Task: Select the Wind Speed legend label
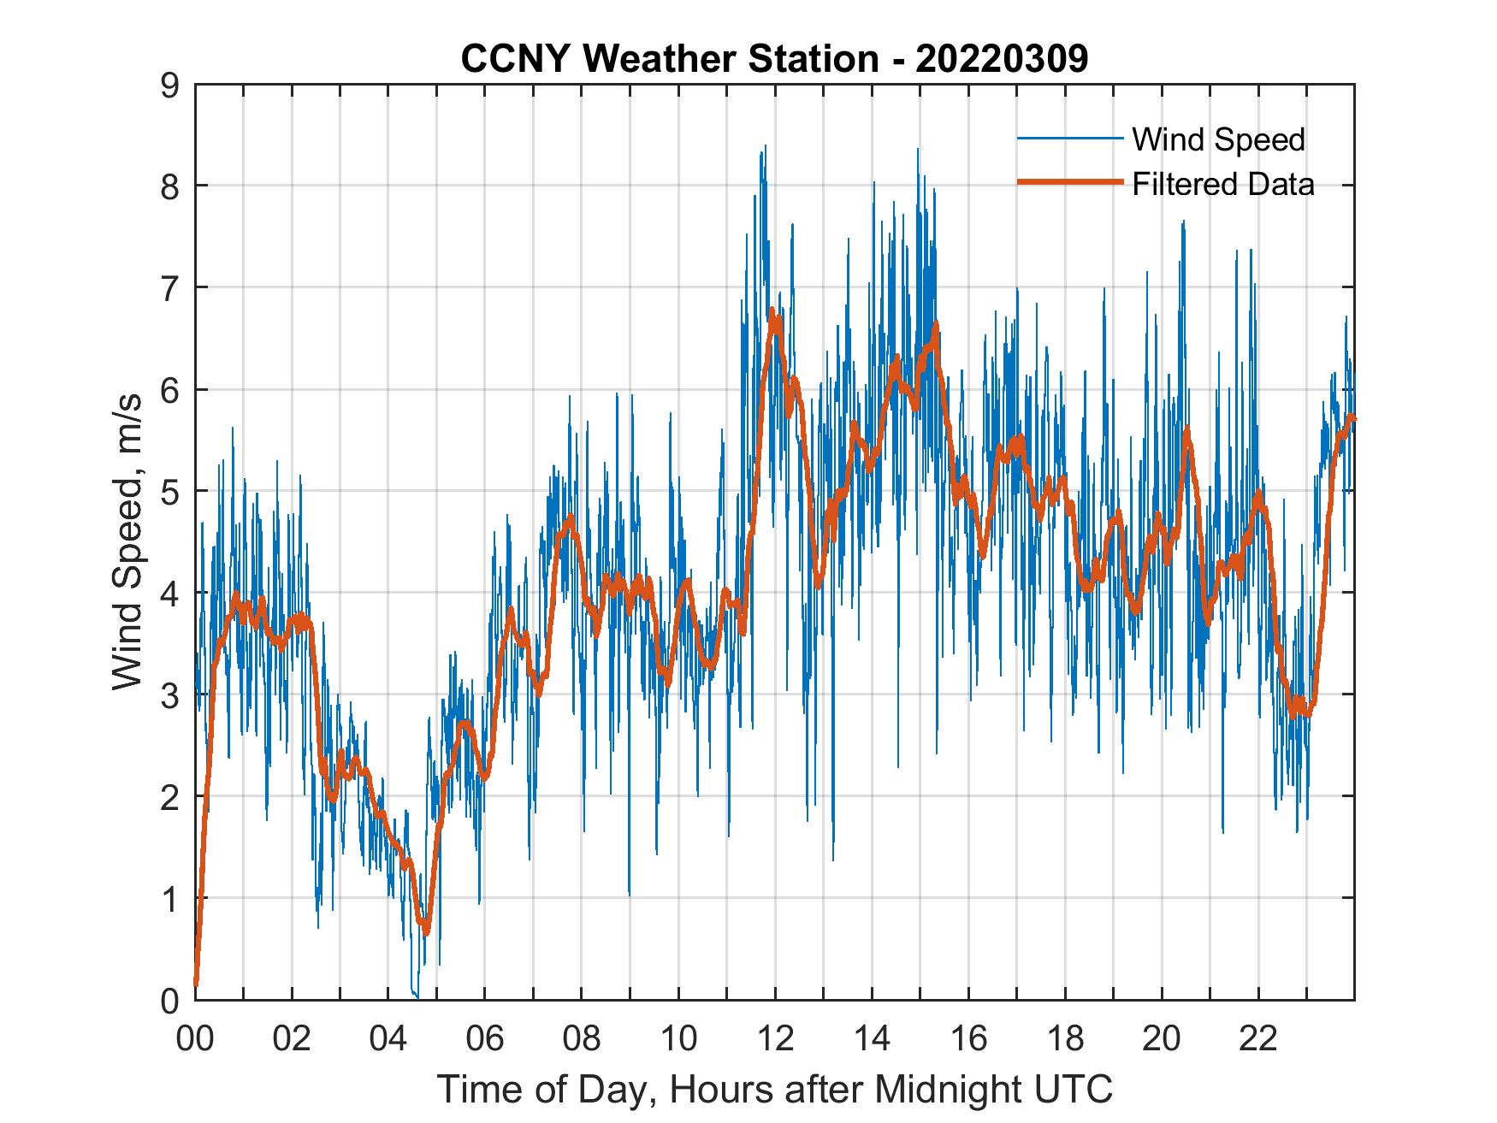pos(1218,139)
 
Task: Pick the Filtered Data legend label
pos(1222,184)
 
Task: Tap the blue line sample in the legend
pos(1069,139)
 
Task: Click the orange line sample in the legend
pos(1069,183)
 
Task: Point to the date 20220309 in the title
pos(1001,59)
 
